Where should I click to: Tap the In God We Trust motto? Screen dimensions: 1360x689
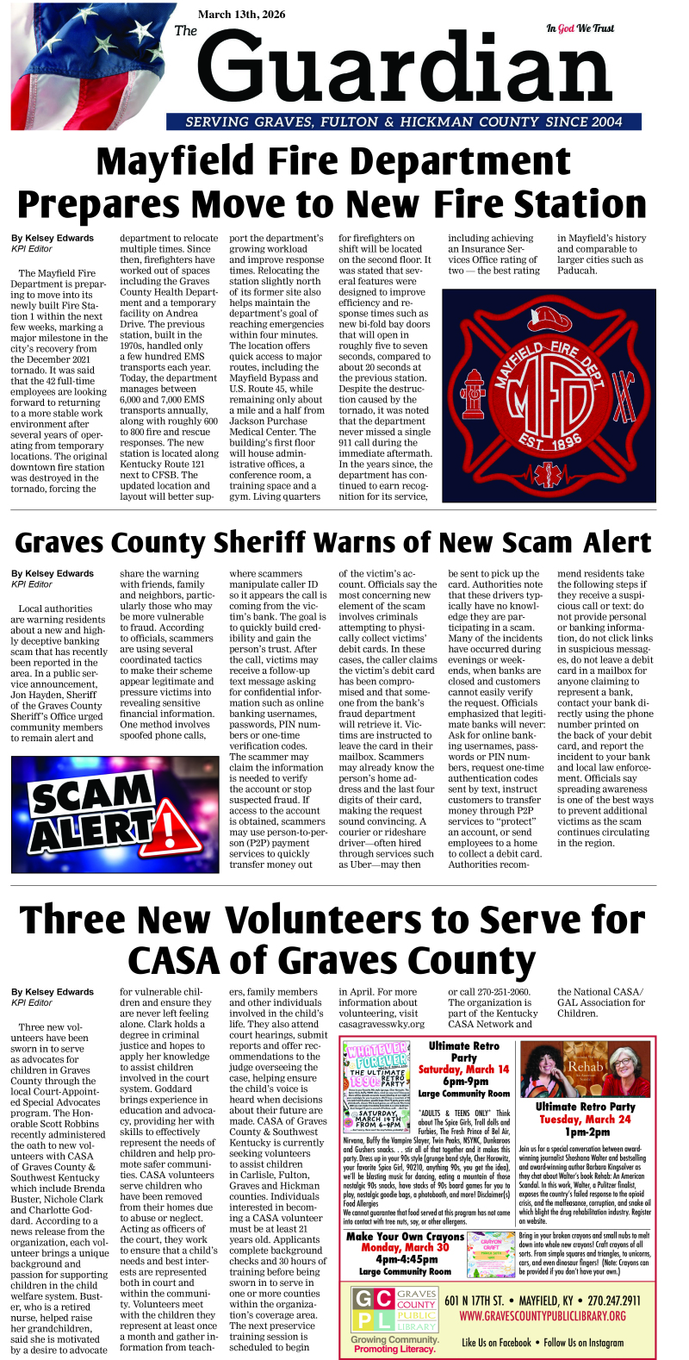tap(580, 28)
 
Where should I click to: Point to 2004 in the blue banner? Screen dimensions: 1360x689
tap(607, 122)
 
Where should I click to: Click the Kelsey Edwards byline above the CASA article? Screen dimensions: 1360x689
tap(53, 992)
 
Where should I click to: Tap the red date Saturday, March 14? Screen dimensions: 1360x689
tap(463, 1070)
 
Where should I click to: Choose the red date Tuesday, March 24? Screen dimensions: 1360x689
tap(585, 1119)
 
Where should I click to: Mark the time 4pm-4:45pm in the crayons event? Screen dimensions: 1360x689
tap(405, 1259)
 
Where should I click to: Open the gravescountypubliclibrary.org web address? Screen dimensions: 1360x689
tap(543, 1316)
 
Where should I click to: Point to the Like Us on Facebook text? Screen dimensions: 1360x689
tap(496, 1342)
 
